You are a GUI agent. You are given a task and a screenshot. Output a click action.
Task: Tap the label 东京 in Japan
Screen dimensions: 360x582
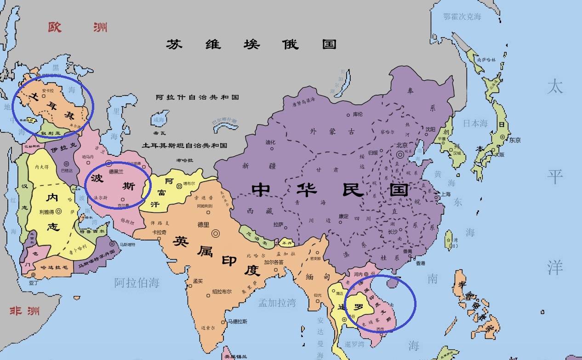pyautogui.click(x=515, y=140)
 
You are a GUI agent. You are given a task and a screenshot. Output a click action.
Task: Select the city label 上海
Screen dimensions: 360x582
pyautogui.click(x=445, y=194)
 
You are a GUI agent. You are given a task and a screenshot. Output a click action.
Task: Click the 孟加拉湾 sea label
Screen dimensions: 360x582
pyautogui.click(x=277, y=302)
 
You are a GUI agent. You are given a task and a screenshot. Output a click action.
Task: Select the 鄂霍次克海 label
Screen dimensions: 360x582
pyautogui.click(x=462, y=17)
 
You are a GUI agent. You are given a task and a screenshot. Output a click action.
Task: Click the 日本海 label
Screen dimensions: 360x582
pyautogui.click(x=475, y=123)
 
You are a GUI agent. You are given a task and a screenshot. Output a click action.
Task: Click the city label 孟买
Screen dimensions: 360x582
pyautogui.click(x=198, y=281)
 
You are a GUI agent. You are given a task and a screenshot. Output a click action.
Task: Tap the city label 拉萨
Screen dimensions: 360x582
pyautogui.click(x=278, y=225)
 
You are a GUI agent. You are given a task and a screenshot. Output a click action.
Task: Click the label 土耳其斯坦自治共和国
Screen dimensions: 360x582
pyautogui.click(x=184, y=145)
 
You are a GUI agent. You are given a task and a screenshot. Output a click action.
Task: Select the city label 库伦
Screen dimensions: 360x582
pyautogui.click(x=358, y=114)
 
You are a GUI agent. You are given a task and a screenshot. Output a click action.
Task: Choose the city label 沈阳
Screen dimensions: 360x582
pyautogui.click(x=430, y=129)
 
